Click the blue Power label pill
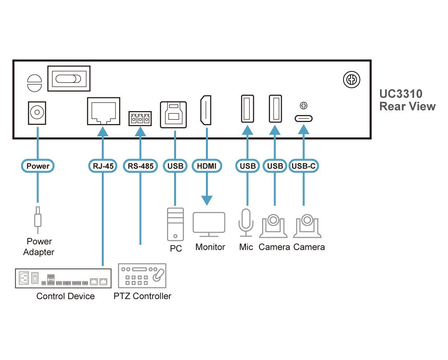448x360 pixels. click(38, 166)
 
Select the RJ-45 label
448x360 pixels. click(103, 166)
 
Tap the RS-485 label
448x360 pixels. click(140, 166)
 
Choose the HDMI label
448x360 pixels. click(207, 166)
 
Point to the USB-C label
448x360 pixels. click(303, 166)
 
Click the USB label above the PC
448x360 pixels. click(175, 166)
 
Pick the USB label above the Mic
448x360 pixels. click(247, 166)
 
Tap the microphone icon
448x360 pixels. click(246, 223)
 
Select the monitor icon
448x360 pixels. click(209, 225)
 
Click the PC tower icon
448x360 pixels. click(175, 224)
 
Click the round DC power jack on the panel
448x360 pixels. click(37, 113)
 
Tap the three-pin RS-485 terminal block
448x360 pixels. click(140, 118)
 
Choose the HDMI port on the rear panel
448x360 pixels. click(206, 110)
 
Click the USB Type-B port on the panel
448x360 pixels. click(173, 114)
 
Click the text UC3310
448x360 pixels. click(400, 94)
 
